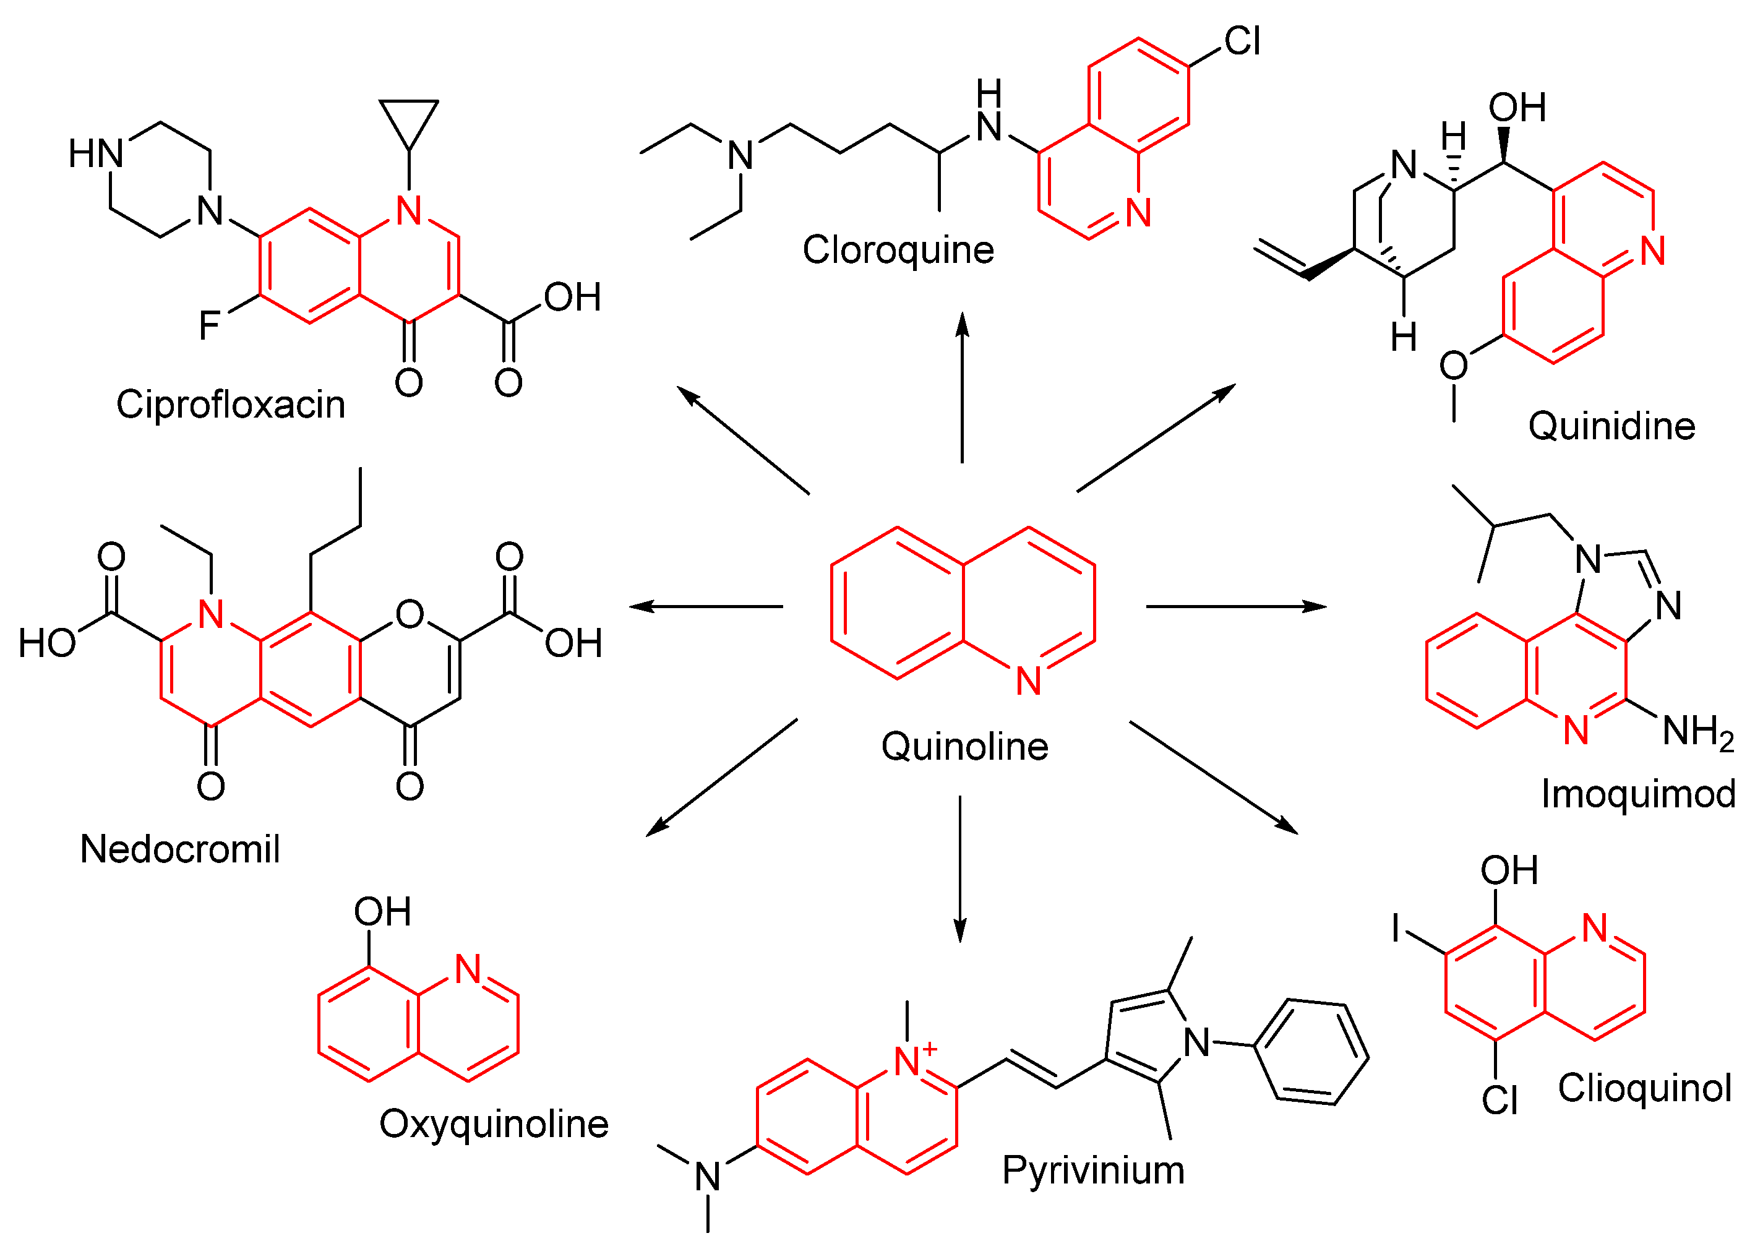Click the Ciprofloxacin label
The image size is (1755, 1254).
(x=230, y=405)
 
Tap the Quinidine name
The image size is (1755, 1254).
(x=1611, y=426)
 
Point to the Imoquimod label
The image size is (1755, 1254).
(x=1637, y=794)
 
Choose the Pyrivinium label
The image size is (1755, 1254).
(x=1092, y=1170)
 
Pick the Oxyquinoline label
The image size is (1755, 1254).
(x=494, y=1124)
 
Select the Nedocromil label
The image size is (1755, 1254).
(x=179, y=849)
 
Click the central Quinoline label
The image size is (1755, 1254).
(x=964, y=747)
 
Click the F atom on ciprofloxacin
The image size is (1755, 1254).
(x=208, y=325)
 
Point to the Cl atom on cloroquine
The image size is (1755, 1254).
(x=1242, y=41)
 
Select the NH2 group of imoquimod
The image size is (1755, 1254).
(x=1697, y=732)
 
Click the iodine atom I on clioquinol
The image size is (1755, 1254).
(x=1395, y=927)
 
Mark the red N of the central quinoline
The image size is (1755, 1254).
(x=1028, y=681)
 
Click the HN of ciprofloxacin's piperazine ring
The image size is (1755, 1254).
(x=96, y=153)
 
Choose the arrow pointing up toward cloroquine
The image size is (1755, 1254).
(x=962, y=386)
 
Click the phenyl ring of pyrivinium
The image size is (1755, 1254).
(x=1310, y=1052)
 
